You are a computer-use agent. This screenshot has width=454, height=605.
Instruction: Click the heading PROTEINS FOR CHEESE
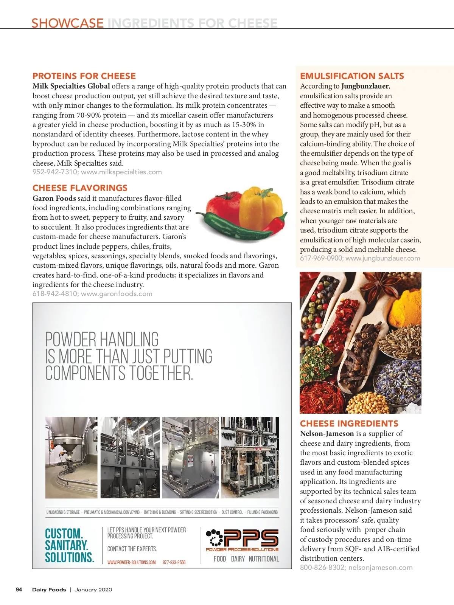(84, 76)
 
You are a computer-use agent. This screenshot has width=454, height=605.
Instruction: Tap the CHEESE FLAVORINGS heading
(80, 188)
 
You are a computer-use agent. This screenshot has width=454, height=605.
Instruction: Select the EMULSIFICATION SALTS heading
(352, 76)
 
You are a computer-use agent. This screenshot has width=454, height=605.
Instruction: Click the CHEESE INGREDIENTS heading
(349, 423)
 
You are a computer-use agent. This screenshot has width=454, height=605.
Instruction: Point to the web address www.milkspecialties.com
(121, 172)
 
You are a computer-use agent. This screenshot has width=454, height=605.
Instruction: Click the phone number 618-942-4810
(54, 294)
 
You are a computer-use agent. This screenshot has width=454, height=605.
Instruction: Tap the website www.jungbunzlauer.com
(382, 259)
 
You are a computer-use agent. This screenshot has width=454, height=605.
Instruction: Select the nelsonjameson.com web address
(380, 568)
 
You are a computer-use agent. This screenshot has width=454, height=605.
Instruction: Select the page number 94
(19, 589)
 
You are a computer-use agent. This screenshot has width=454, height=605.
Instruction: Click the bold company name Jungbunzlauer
(365, 86)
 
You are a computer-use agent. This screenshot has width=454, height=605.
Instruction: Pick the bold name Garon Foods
(54, 199)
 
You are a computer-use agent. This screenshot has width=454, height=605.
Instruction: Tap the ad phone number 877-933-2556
(174, 562)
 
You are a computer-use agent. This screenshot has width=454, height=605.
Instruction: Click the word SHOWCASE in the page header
(67, 23)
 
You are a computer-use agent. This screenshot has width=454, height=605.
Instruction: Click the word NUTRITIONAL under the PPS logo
(264, 559)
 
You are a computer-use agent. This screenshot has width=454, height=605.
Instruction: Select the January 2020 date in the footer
(93, 589)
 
